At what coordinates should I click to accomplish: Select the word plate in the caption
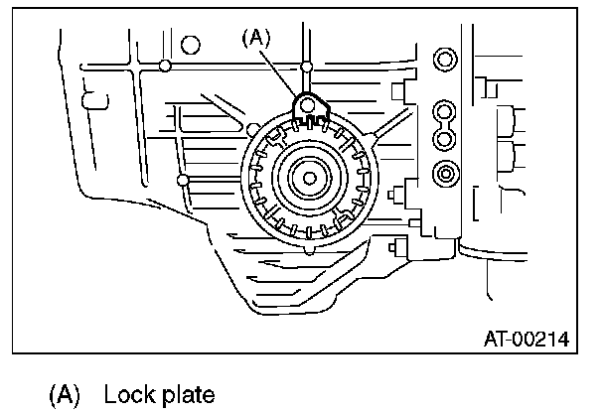[186, 395]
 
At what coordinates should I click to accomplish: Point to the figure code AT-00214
[526, 341]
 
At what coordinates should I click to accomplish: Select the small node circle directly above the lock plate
[307, 67]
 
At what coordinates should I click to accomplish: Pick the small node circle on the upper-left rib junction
[163, 67]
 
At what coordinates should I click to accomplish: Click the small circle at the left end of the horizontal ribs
[183, 180]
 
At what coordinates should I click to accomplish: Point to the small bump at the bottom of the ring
[310, 253]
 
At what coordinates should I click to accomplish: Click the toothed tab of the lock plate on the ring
[309, 123]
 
